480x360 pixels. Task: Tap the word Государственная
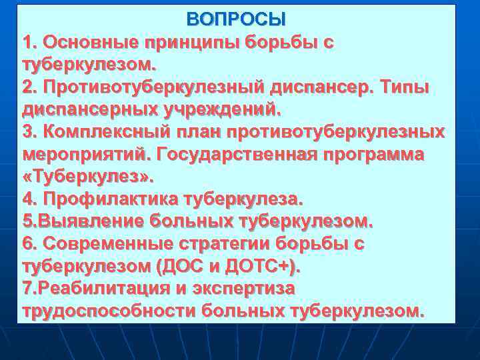click(x=239, y=155)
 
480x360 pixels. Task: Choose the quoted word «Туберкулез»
click(x=88, y=178)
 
